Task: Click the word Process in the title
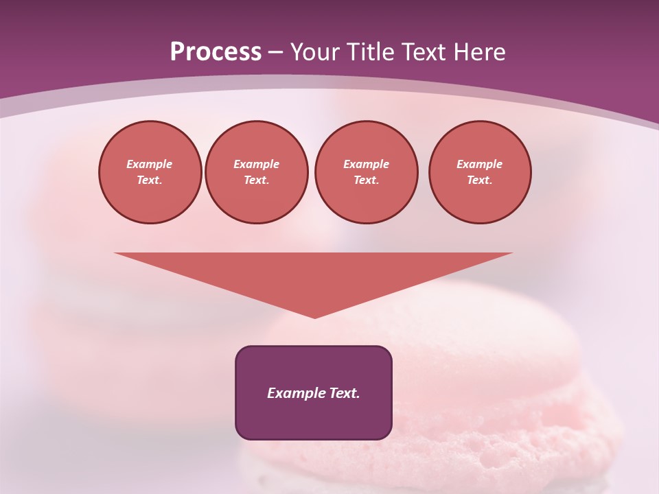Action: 216,52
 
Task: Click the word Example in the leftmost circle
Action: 150,164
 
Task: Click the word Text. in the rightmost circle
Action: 479,180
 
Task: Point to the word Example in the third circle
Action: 366,164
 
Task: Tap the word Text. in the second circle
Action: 256,180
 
